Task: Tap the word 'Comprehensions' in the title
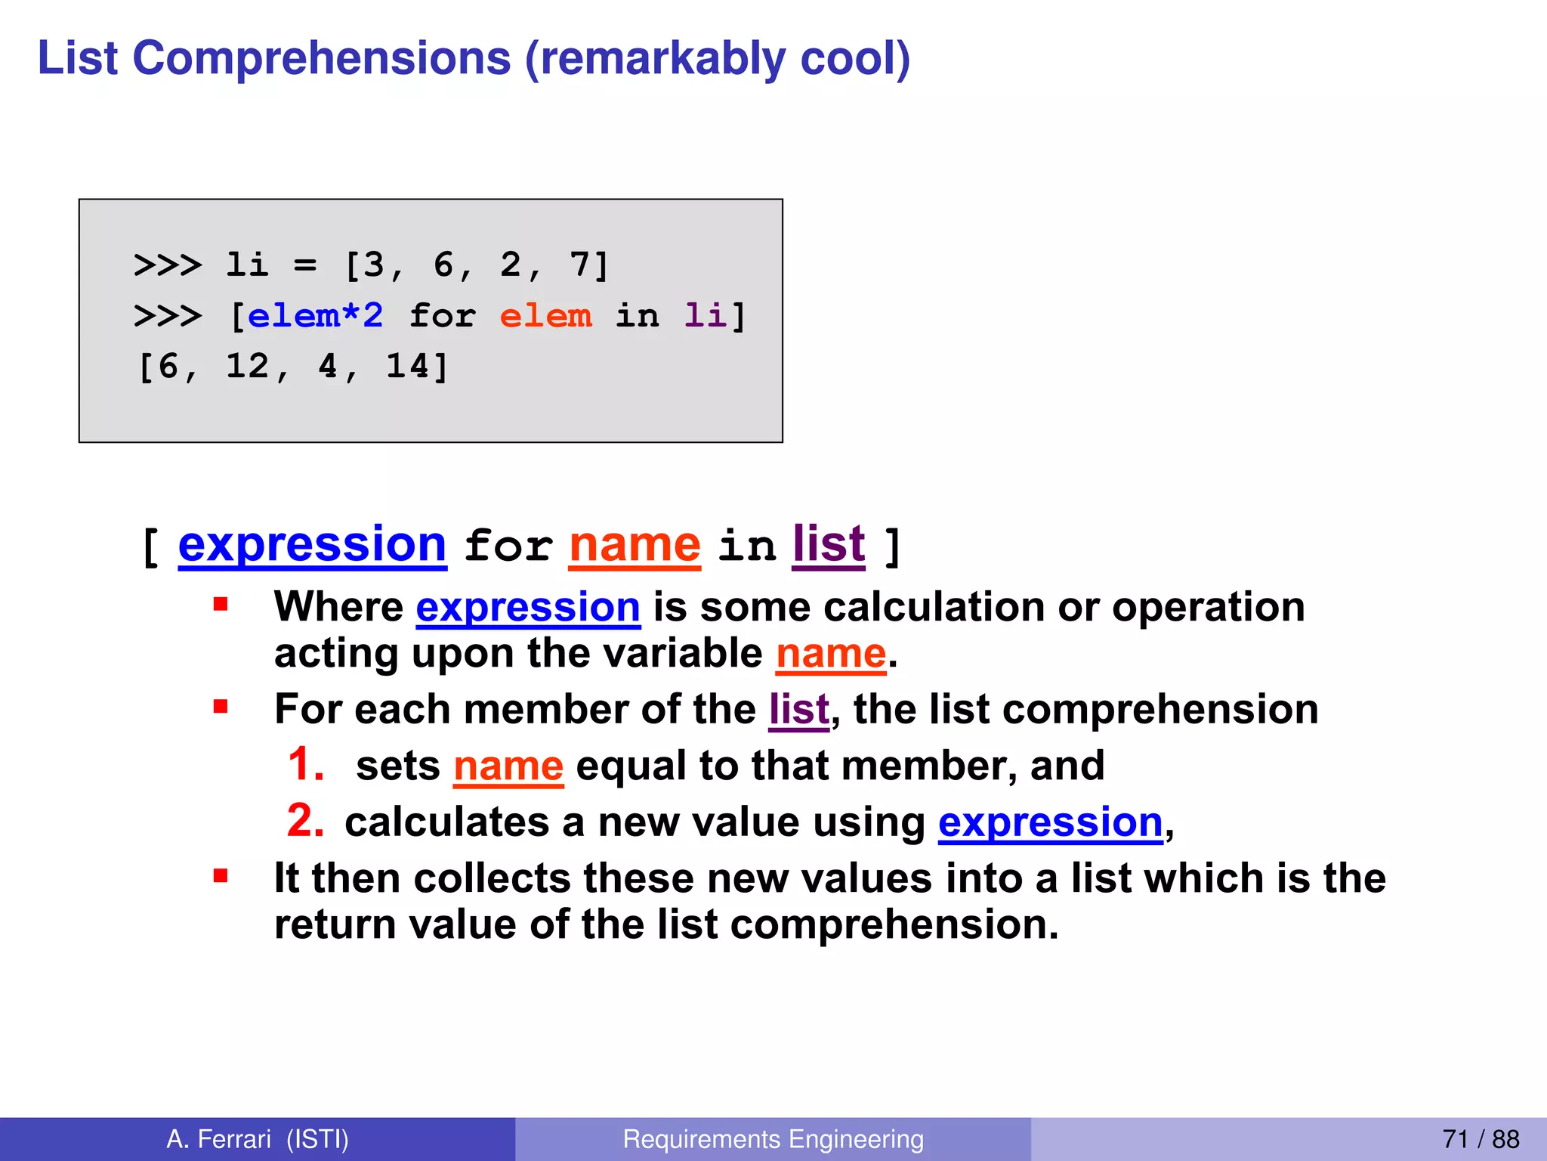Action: click(x=322, y=59)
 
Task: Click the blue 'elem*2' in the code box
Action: click(x=316, y=315)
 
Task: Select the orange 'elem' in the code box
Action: click(x=546, y=315)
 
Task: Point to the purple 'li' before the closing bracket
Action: click(x=705, y=315)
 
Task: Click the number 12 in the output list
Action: click(x=248, y=367)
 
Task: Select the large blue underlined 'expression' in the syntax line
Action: click(x=312, y=545)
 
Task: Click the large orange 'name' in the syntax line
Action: click(x=635, y=545)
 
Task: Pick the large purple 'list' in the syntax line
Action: click(x=829, y=545)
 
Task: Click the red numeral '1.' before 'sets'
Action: click(x=306, y=764)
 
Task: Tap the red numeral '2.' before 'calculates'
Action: click(x=306, y=821)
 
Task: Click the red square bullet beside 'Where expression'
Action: click(x=221, y=604)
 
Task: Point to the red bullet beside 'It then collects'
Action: click(x=221, y=876)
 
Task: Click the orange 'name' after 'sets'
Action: click(x=508, y=766)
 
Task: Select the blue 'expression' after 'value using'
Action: click(x=1050, y=822)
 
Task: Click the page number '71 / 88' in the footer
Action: click(x=1481, y=1139)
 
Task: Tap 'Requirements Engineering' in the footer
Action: click(x=773, y=1139)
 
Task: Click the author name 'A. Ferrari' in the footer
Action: click(x=218, y=1139)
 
